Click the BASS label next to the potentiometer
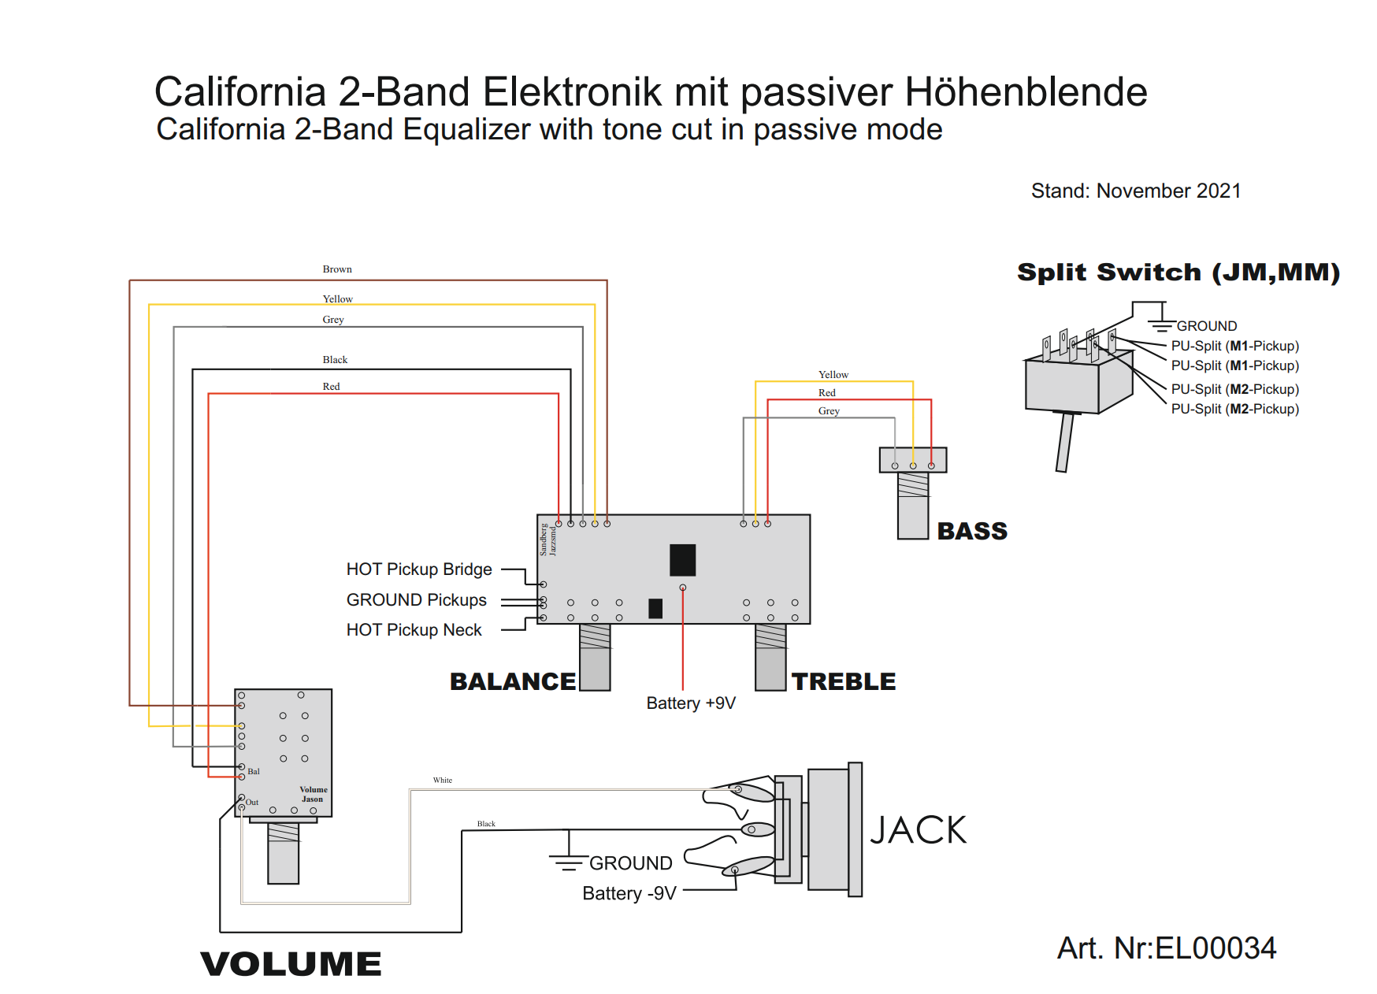972,532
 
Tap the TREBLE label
844,682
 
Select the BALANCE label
513,682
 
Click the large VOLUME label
291,964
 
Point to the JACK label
919,830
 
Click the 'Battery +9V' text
691,703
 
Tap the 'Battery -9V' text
629,894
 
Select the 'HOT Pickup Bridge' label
419,569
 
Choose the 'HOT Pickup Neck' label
414,630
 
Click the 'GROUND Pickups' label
417,600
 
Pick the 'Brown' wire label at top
337,269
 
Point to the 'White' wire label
443,781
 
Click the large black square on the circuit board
682,560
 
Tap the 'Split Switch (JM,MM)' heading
1178,273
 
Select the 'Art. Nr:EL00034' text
1167,948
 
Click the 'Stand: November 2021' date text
1136,191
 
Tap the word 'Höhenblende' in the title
1026,92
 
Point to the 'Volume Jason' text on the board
314,794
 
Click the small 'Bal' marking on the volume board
254,772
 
